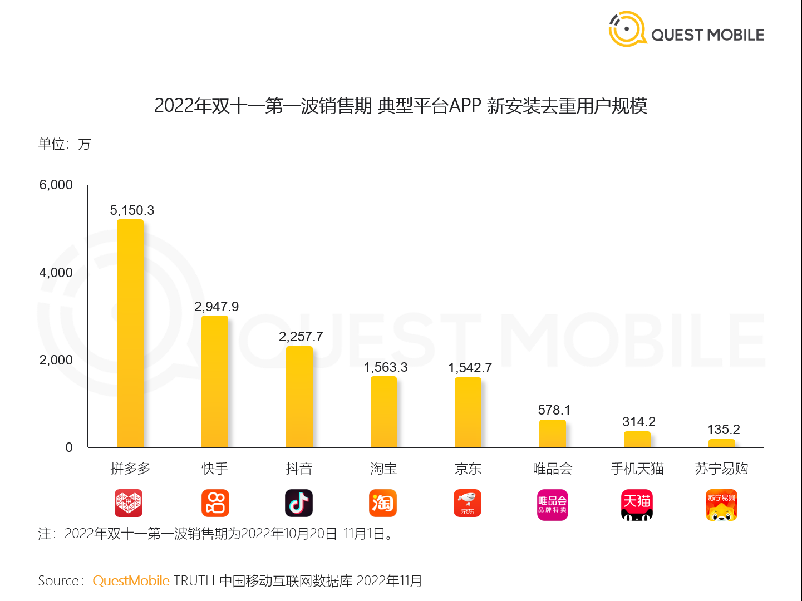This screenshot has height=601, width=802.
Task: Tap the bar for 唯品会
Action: click(553, 433)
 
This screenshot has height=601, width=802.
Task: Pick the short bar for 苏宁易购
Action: click(722, 444)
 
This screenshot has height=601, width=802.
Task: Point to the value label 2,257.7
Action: click(301, 337)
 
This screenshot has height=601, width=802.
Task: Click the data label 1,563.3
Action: click(386, 367)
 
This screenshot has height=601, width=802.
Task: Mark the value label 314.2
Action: click(639, 422)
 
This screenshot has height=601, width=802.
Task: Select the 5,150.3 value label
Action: click(132, 210)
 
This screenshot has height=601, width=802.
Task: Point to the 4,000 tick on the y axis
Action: click(56, 273)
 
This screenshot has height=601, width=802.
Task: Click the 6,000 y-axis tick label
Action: click(56, 185)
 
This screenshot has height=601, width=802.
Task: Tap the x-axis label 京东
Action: click(468, 469)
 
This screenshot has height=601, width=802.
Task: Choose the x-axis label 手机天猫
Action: click(637, 469)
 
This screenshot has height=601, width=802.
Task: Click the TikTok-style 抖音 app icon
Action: click(299, 503)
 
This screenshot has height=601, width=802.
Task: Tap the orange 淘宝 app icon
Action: click(383, 503)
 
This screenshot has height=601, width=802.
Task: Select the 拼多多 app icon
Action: click(129, 503)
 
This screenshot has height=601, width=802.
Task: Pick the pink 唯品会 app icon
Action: click(553, 505)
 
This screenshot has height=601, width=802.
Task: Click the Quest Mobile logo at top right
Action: click(686, 31)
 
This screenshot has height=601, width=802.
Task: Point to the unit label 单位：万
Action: click(64, 145)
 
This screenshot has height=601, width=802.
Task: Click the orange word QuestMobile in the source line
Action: click(131, 581)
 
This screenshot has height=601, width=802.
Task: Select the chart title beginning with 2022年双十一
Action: click(401, 106)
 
